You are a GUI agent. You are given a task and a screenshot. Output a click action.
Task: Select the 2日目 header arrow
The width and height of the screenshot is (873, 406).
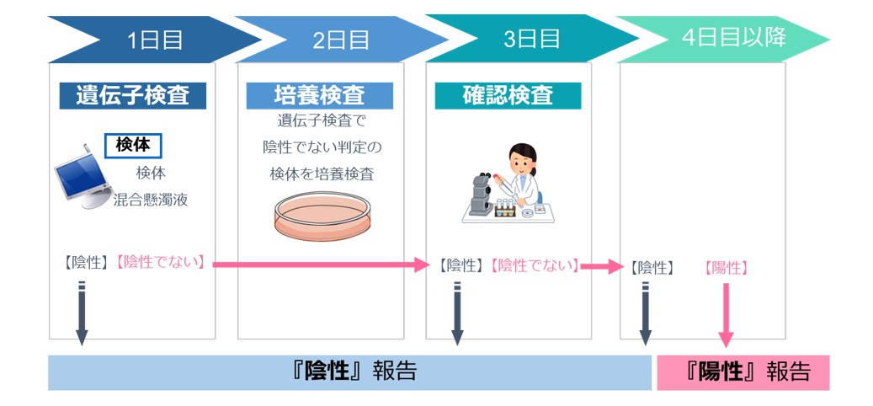(341, 40)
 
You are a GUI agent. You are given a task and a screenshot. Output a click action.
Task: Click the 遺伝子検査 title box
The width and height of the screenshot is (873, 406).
(132, 95)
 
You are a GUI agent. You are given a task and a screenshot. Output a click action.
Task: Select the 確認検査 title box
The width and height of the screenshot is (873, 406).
(508, 95)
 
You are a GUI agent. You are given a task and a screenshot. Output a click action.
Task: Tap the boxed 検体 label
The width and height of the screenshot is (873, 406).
(133, 146)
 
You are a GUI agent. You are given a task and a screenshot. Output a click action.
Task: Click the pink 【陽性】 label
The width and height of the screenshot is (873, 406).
(726, 268)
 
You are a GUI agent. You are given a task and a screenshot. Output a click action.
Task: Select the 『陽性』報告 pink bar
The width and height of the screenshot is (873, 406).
(743, 372)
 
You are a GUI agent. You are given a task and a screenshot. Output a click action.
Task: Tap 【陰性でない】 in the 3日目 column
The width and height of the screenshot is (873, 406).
(534, 266)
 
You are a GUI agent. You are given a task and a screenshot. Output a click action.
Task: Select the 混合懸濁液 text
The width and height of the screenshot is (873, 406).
(151, 200)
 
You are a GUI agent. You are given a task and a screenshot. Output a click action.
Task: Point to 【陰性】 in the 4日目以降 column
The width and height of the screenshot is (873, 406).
(652, 268)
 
